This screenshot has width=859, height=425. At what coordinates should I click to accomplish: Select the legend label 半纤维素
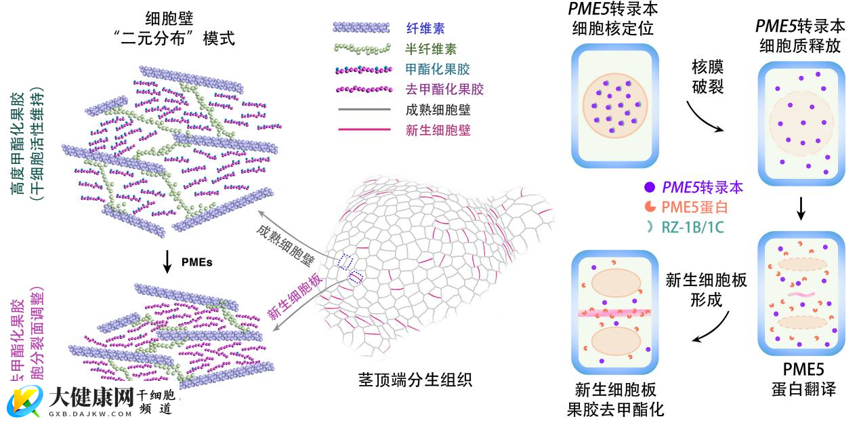(431, 49)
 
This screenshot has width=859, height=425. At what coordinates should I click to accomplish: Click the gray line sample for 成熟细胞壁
(362, 110)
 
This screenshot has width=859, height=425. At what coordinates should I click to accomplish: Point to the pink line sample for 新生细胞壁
(362, 129)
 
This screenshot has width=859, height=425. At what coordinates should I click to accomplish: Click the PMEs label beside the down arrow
(197, 262)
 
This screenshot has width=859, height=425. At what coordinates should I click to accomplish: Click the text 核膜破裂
(707, 77)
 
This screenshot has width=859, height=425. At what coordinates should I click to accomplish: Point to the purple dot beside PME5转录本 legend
(650, 186)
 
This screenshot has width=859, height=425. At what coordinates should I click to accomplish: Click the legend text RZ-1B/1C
(692, 228)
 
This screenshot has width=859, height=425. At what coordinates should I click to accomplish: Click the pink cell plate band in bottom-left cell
(615, 314)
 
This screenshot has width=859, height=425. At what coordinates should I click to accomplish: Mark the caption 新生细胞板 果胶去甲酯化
(616, 399)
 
